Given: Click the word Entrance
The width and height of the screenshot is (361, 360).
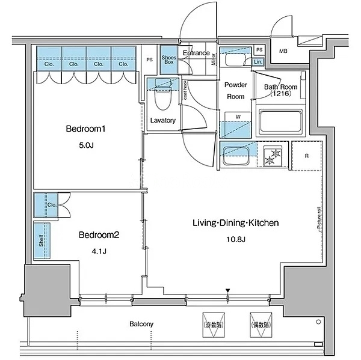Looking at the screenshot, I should pyautogui.click(x=196, y=53).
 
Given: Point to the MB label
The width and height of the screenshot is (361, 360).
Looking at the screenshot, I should pyautogui.click(x=283, y=50).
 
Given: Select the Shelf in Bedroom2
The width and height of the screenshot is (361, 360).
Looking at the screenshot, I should pyautogui.click(x=42, y=241).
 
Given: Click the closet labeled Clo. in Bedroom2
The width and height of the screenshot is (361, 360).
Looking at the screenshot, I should pyautogui.click(x=51, y=205).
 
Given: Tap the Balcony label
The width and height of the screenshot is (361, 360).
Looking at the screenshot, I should pyautogui.click(x=141, y=325).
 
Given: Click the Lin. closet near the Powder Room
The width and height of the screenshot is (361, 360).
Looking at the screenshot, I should pyautogui.click(x=258, y=62).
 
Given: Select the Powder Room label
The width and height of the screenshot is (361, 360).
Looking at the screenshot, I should pyautogui.click(x=235, y=91).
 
